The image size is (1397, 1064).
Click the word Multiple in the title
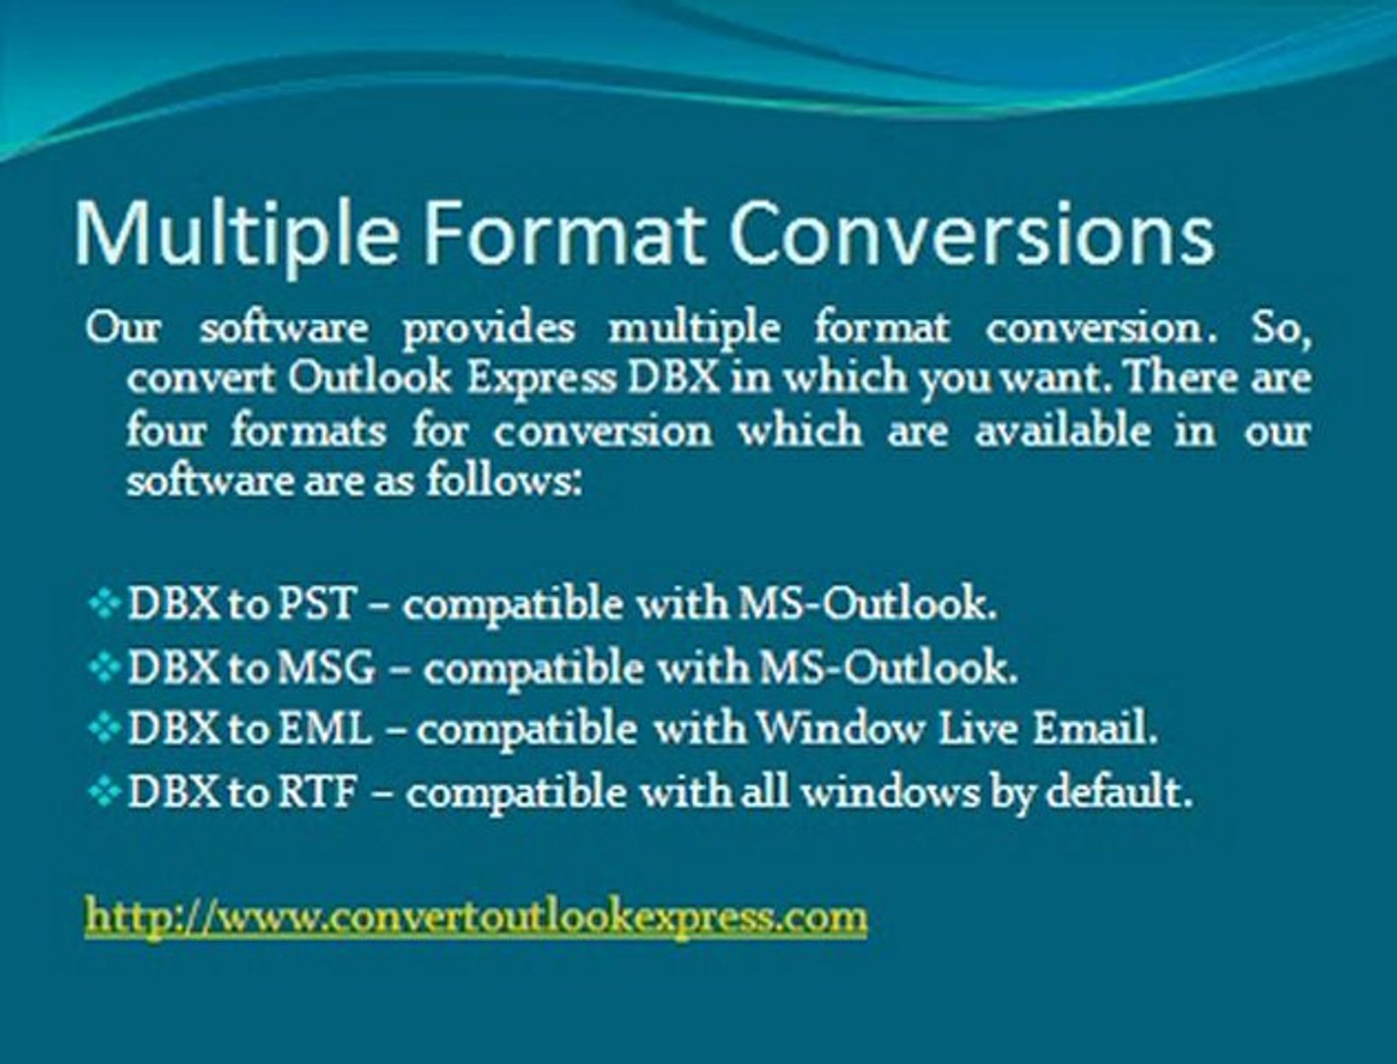(237, 234)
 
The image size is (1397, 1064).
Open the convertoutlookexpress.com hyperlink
(476, 915)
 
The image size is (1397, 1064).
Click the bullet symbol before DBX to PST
(102, 603)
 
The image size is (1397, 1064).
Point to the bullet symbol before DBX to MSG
(102, 668)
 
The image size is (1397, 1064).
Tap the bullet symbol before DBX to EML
(102, 730)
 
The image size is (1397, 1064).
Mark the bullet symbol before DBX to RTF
(102, 792)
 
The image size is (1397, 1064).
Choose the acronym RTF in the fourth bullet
(315, 792)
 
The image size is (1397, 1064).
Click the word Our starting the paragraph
(123, 327)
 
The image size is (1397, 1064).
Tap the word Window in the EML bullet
(840, 729)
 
